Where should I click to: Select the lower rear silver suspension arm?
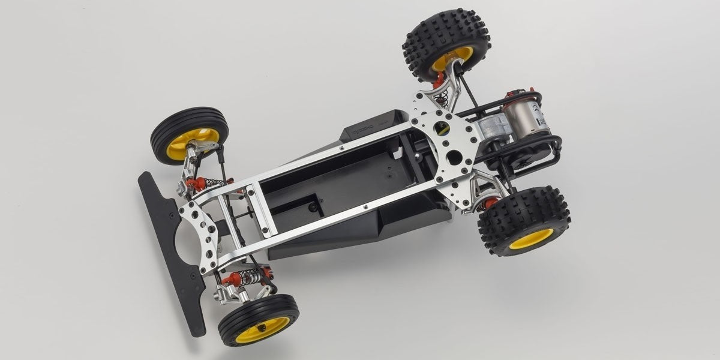point(483,192)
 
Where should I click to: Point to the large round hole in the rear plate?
point(454,158)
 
